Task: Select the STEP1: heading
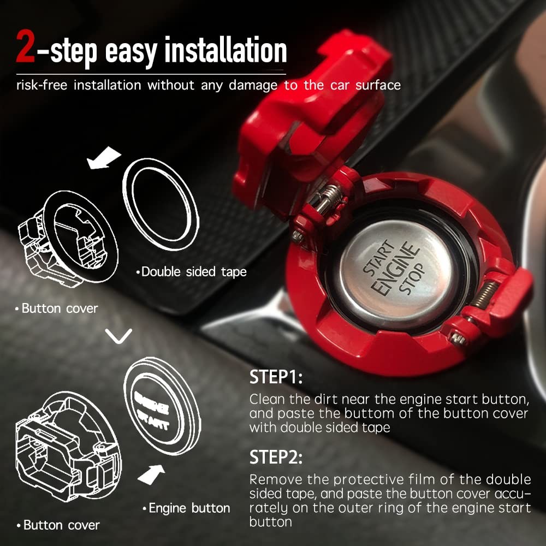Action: click(x=276, y=377)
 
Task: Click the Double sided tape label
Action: click(x=192, y=271)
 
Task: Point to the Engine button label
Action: click(x=188, y=508)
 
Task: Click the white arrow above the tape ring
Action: click(x=104, y=157)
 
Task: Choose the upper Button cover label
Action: click(x=57, y=308)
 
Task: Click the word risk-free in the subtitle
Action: click(x=41, y=86)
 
